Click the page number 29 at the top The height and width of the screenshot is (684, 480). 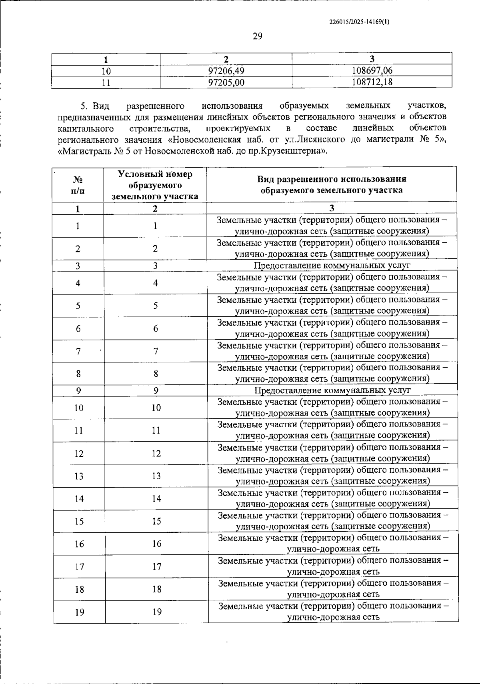click(x=257, y=36)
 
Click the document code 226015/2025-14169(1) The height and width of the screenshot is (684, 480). click(x=358, y=22)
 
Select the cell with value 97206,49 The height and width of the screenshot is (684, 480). click(x=226, y=71)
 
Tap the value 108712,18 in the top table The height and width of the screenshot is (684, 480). click(x=372, y=82)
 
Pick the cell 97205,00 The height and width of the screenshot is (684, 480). click(x=226, y=82)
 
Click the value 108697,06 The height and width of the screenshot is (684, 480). click(x=372, y=71)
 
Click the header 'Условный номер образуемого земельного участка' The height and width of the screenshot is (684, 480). click(x=155, y=185)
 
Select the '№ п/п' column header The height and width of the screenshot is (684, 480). click(x=78, y=185)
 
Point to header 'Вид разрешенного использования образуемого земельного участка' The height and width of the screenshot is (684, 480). click(x=332, y=184)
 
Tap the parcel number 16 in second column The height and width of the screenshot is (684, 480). click(x=157, y=544)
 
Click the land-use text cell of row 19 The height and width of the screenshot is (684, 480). click(x=333, y=612)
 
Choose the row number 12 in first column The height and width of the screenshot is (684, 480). click(x=79, y=453)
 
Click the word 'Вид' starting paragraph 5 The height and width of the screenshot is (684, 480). click(x=101, y=106)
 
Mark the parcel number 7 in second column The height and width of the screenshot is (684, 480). click(x=156, y=351)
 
